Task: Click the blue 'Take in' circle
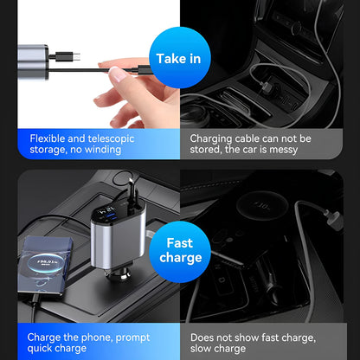pos(180,58)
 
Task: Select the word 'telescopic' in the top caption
pos(115,138)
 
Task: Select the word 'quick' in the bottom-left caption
pos(44,349)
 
